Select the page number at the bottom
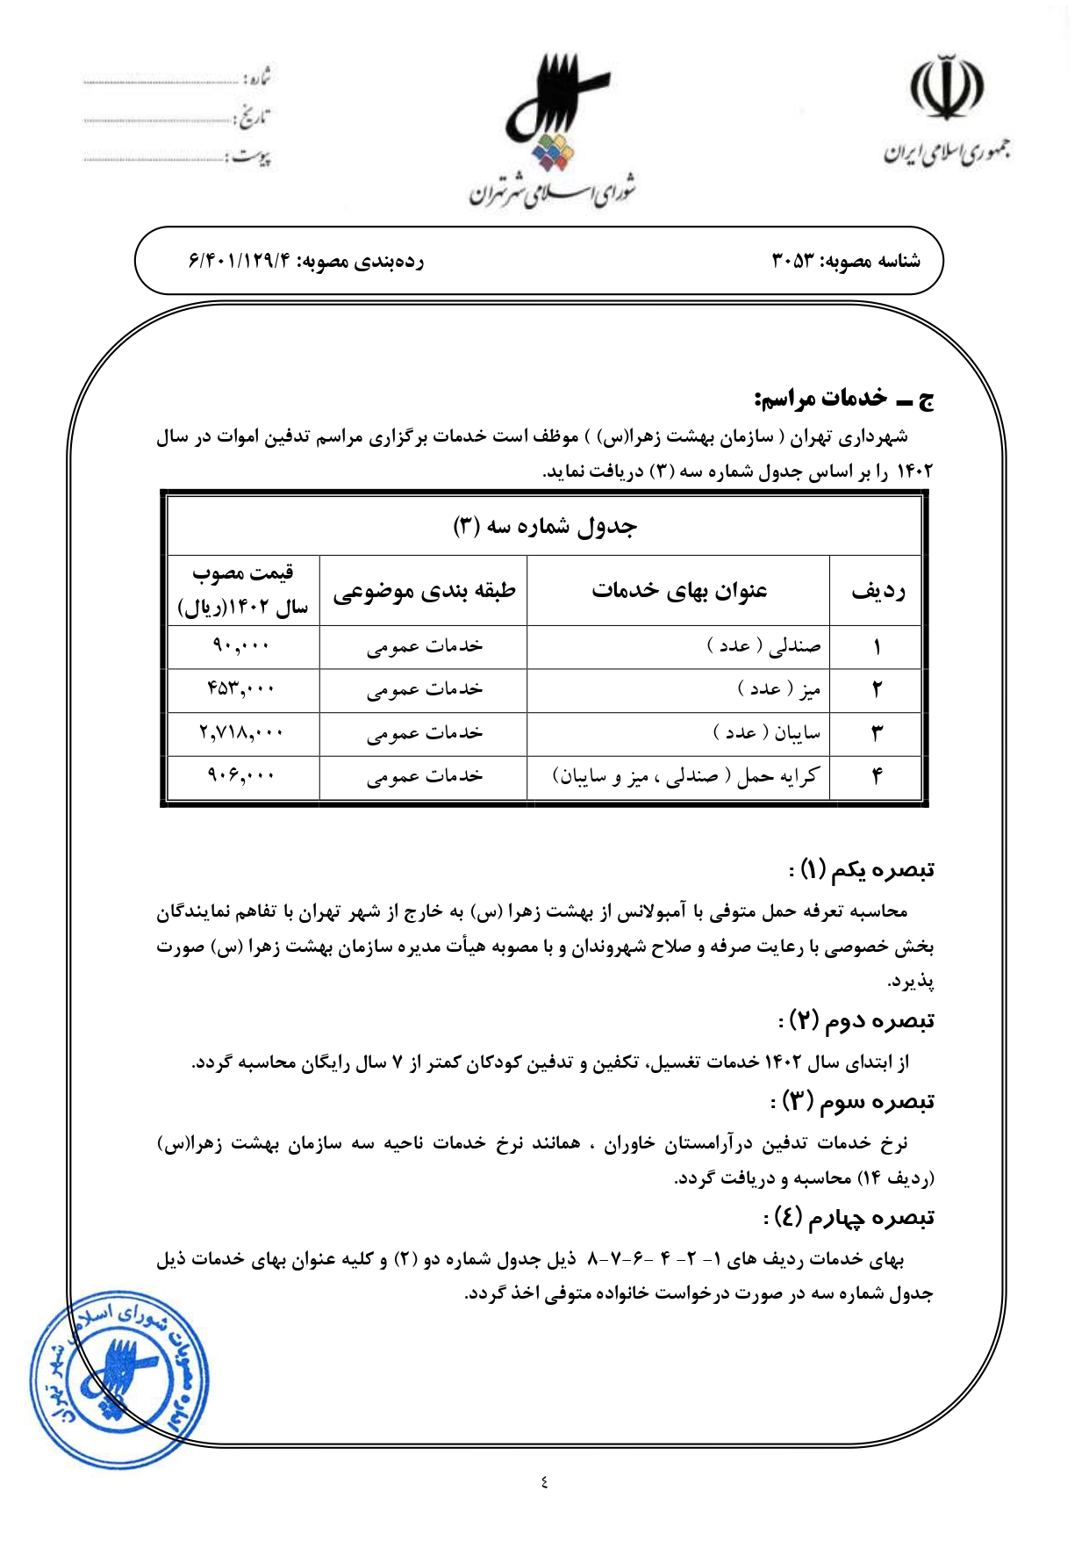[x=544, y=1482]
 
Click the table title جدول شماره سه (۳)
[x=544, y=526]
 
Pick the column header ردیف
[x=878, y=591]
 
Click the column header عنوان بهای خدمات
[x=678, y=591]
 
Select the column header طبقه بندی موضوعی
[x=424, y=591]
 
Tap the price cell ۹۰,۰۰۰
[x=241, y=646]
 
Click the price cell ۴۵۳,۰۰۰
[x=241, y=689]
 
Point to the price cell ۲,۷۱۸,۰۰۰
[x=241, y=732]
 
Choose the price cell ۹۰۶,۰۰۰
[x=241, y=775]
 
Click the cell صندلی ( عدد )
[x=763, y=646]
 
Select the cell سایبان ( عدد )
[x=767, y=732]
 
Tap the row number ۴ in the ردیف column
[x=877, y=776]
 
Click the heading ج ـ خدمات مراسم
[x=843, y=399]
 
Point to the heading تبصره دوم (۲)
[x=856, y=1020]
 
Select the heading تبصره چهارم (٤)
[x=849, y=1217]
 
